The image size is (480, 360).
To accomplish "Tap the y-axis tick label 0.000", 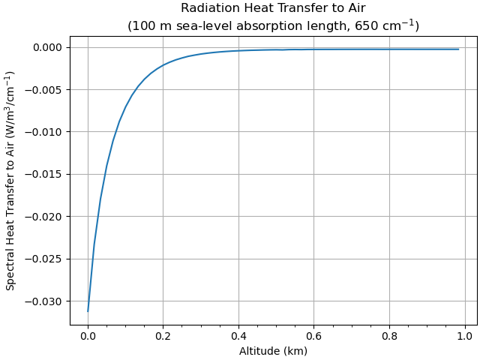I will point(49,47).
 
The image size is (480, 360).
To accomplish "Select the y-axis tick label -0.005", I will point(46,90).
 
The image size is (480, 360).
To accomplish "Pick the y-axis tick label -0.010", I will point(46,132).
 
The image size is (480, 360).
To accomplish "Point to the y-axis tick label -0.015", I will point(46,174).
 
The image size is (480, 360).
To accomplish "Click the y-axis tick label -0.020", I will point(46,217).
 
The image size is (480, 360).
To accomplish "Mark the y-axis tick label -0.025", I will point(46,259).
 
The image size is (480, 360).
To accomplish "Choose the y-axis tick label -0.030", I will point(46,301).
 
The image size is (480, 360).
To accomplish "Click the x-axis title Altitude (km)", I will point(273,351).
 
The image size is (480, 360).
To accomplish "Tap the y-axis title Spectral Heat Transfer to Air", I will point(10,181).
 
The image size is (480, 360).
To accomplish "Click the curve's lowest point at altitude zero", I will point(88,310).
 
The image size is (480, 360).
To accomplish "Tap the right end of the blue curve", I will point(459,49).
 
